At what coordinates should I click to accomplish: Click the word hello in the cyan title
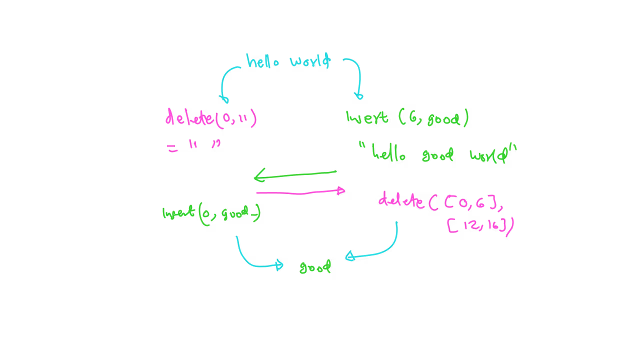pos(262,62)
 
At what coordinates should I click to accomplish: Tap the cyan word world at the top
pos(310,61)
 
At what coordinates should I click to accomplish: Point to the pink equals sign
pos(172,148)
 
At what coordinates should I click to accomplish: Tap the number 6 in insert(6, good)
pos(412,117)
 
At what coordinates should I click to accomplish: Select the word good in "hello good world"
pos(437,155)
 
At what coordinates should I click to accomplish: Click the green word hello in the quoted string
pos(388,154)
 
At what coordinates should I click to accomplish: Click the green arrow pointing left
pos(295,174)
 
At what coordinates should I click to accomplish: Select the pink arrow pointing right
pos(300,192)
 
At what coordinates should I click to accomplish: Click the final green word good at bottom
pos(315,267)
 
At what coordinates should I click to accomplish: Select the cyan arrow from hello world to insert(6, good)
pos(355,75)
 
